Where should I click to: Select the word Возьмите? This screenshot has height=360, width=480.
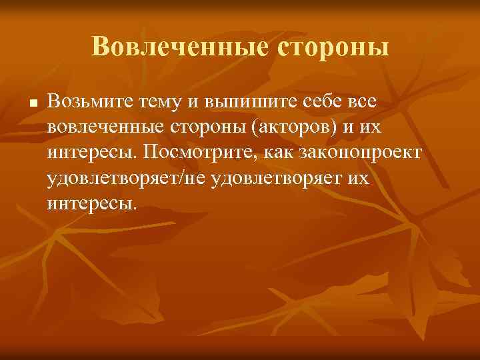click(x=91, y=101)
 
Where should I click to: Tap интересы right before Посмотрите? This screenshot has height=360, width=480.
click(x=90, y=153)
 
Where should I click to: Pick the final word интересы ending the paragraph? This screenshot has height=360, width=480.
click(x=90, y=203)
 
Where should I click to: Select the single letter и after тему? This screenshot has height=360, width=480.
click(x=195, y=101)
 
